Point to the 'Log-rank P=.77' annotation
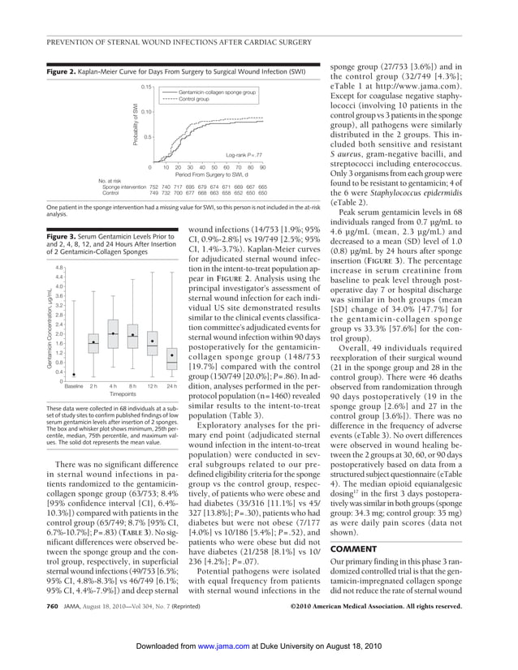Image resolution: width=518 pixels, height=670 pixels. pos(244,154)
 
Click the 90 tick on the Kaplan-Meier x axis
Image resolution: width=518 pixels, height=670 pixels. pos(262,168)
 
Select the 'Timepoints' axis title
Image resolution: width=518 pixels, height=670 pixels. pos(123,393)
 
